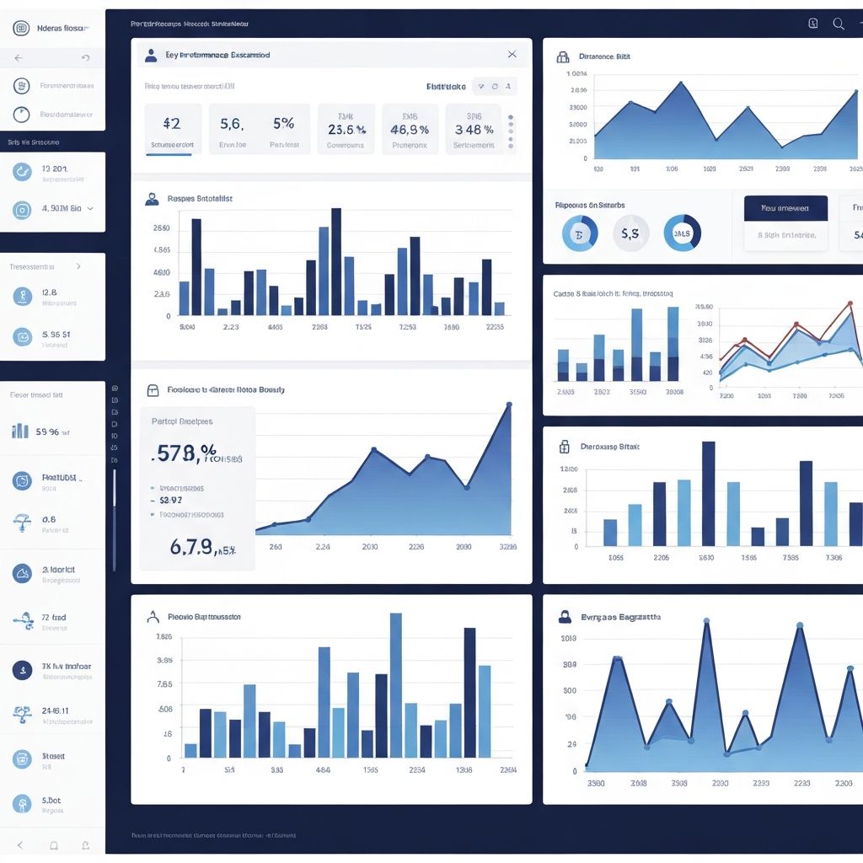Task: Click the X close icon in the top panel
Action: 512,54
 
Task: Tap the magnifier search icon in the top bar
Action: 839,24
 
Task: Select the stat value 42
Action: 171,123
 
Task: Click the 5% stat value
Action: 283,123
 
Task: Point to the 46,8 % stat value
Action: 410,130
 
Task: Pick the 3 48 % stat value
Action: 474,130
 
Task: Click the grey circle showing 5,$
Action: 630,233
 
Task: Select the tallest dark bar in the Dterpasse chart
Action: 709,493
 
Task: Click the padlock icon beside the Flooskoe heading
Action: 153,390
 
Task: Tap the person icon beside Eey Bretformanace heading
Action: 151,55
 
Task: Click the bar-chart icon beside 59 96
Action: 20,431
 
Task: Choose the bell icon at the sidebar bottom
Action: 54,844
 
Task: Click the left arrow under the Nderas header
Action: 19,58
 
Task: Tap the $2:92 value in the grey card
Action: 171,500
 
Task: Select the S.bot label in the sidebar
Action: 51,800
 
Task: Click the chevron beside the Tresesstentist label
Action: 78,266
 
